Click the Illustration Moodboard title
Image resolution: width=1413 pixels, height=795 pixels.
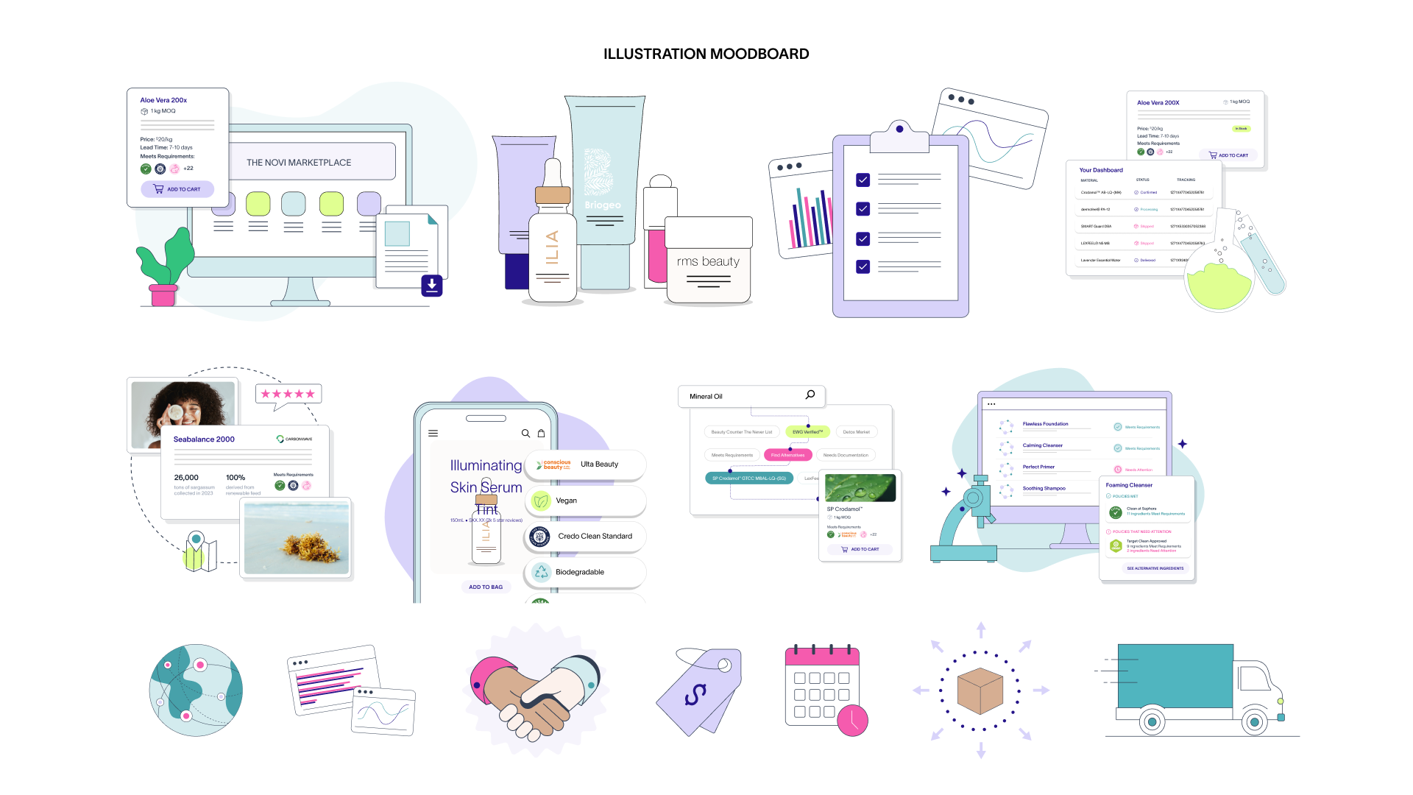[706, 54]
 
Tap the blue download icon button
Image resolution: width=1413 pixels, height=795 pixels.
[432, 285]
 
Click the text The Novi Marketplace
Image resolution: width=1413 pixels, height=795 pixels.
[299, 163]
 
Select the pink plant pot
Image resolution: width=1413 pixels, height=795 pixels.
[163, 294]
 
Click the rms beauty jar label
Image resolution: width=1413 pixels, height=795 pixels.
[708, 261]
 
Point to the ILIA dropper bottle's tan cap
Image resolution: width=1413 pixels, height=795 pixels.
[553, 195]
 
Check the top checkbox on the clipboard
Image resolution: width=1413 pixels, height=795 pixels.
[863, 180]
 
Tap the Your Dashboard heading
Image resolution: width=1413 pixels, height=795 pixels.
[1101, 170]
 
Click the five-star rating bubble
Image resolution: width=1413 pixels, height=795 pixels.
[288, 394]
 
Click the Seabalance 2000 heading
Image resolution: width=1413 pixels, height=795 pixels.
[204, 439]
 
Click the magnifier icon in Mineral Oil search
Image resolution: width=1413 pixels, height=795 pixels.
[810, 395]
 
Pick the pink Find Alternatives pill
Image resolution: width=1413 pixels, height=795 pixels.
[787, 455]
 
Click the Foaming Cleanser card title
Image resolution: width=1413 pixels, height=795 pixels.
[1129, 485]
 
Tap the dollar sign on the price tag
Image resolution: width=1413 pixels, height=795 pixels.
[695, 693]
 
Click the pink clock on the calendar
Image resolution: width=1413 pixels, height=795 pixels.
[853, 720]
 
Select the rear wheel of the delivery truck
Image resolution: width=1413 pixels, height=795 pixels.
[1152, 721]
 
